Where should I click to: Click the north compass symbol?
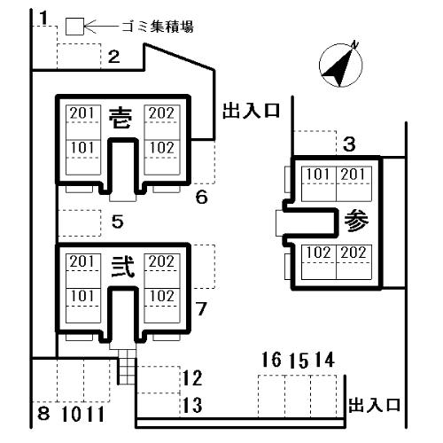341,66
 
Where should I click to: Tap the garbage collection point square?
74,27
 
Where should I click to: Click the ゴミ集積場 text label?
158,27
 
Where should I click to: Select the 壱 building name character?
120,118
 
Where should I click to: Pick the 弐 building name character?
123,267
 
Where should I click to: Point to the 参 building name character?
356,221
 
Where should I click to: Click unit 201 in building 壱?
82,113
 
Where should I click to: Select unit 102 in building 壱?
161,148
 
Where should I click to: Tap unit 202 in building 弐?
161,261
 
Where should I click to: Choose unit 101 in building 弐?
82,296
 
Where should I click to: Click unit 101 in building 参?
318,175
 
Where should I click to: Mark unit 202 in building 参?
354,253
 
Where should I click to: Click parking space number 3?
349,144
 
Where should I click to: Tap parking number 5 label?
118,221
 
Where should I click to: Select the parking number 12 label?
192,378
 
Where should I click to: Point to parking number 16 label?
272,360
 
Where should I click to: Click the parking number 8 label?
43,413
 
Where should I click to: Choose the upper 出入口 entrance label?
251,111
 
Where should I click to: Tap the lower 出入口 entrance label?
375,405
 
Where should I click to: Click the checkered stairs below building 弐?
128,367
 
